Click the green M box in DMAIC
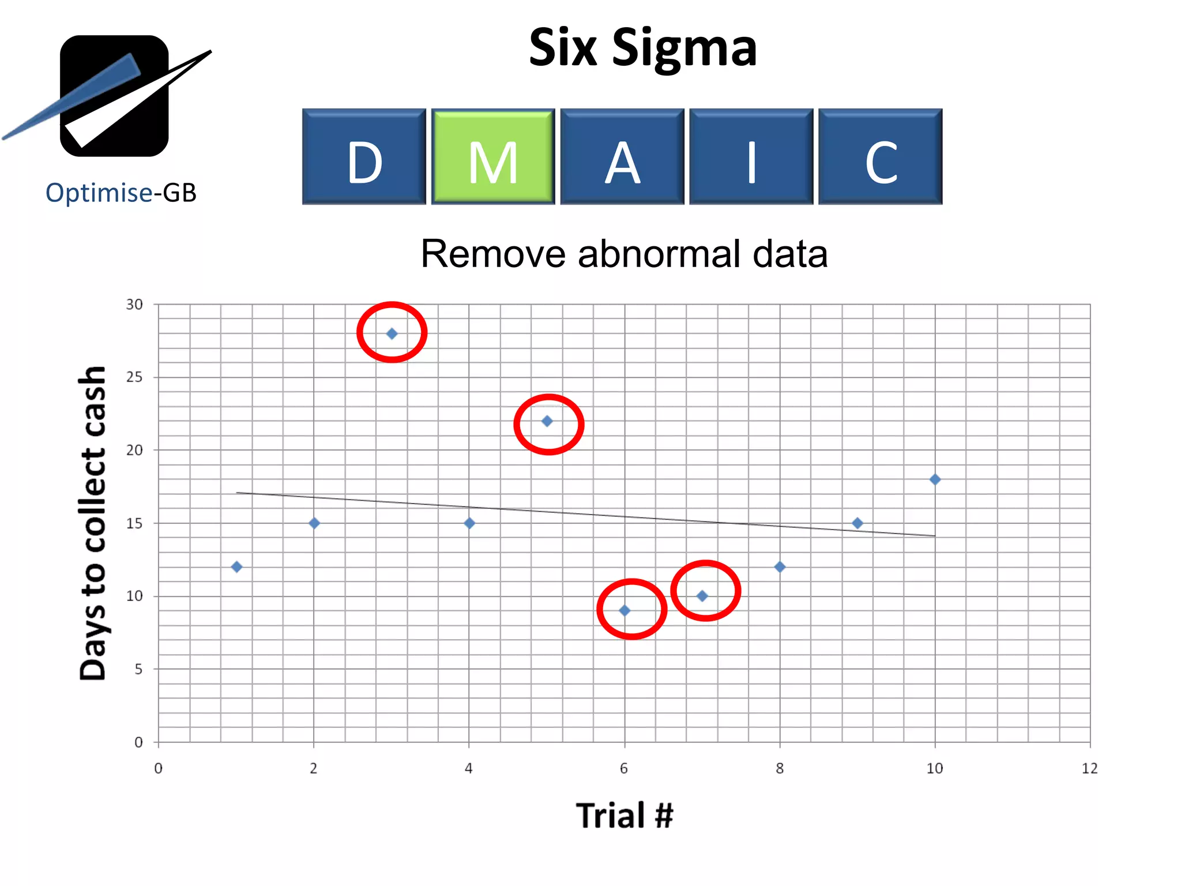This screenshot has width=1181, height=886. click(x=493, y=156)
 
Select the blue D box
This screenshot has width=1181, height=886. click(x=364, y=156)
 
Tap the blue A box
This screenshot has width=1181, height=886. click(x=622, y=156)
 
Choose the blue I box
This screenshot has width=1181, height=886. click(x=751, y=156)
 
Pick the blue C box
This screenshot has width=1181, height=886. click(x=881, y=156)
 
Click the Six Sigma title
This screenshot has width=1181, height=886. click(x=642, y=47)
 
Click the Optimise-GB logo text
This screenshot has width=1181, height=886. click(x=121, y=193)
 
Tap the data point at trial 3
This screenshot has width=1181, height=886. click(x=392, y=333)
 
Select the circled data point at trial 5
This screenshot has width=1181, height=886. click(x=547, y=421)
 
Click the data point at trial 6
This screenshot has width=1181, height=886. click(x=625, y=610)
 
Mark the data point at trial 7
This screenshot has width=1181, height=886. click(x=702, y=596)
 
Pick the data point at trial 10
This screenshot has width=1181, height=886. click(x=935, y=479)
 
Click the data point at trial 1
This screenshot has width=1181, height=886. click(x=236, y=567)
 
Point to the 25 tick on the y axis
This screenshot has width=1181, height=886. click(x=134, y=377)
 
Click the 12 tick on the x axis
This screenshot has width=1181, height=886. click(x=1090, y=768)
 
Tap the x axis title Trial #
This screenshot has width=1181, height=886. click(x=625, y=816)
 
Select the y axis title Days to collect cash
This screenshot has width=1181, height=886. click(x=93, y=523)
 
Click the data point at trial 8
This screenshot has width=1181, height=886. click(x=780, y=567)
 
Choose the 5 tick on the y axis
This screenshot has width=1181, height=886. click(x=138, y=669)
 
